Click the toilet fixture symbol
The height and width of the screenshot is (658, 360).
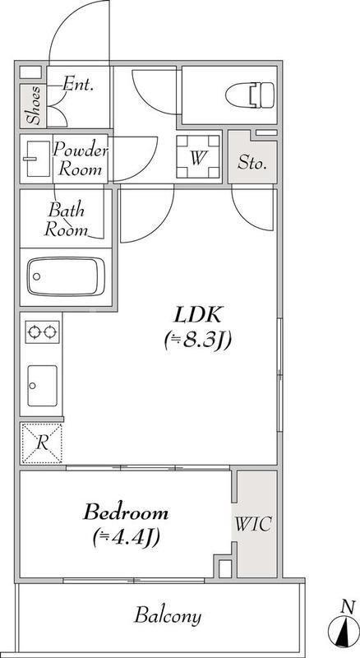250,95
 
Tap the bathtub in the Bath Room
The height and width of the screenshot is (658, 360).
66,276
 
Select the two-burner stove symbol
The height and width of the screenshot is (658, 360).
42,332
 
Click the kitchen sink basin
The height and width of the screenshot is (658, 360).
43,386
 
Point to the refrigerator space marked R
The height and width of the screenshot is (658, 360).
42,443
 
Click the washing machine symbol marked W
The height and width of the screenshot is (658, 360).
198,158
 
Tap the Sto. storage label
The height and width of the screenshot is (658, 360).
252,163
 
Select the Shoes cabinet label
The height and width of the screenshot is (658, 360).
34,106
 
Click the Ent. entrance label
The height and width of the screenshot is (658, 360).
78,85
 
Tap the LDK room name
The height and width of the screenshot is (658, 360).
198,315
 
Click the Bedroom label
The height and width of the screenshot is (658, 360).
126,512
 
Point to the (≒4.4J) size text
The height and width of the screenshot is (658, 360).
127,537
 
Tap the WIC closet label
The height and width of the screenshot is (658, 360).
253,524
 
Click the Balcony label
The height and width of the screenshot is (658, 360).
168,616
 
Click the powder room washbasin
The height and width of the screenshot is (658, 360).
38,159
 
